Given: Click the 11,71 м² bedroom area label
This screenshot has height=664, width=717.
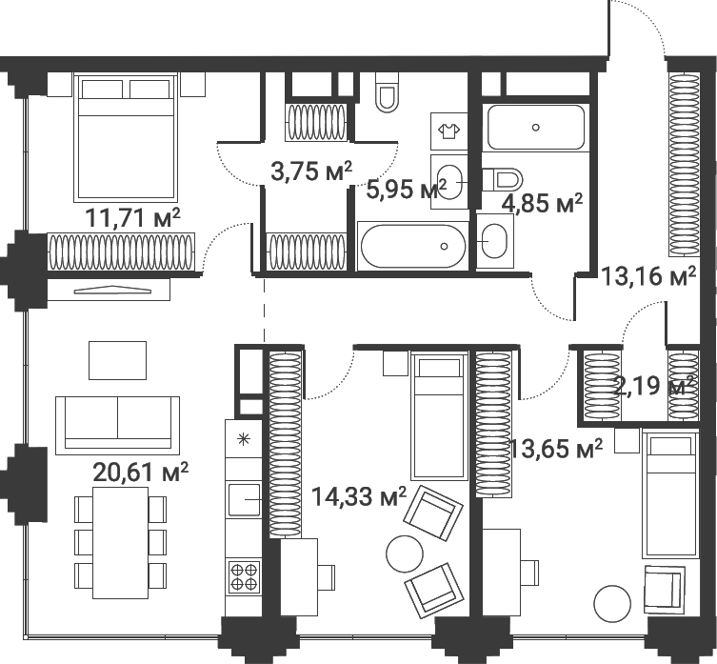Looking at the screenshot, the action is (133, 218).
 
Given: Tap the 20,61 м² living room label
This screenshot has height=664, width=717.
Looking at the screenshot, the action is (140, 472).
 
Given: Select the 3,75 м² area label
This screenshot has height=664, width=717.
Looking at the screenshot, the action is (311, 171).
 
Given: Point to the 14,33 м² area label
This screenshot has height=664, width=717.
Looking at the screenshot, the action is (358, 496).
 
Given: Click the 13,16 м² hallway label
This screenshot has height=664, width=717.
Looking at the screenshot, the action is (648, 276).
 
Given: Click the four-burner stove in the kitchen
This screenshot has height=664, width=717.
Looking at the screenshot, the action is (244, 576).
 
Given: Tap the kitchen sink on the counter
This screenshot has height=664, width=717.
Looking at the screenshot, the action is (245, 500).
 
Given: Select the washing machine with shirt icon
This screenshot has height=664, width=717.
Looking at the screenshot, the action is (449, 131).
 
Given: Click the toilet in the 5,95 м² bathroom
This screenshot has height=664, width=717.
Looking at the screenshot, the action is (386, 92).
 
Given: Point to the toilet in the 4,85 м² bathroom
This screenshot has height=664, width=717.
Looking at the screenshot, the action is (503, 179).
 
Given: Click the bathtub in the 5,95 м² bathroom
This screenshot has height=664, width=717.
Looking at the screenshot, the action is (413, 246).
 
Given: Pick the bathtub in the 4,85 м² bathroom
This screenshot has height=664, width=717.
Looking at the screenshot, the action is (536, 128).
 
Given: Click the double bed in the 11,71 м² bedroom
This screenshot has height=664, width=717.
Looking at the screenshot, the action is (126, 137).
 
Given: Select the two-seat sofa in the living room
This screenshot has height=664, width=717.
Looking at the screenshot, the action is (117, 426).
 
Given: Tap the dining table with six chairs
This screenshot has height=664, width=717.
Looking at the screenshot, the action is (120, 543).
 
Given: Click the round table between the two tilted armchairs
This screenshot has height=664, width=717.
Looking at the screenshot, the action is (405, 553).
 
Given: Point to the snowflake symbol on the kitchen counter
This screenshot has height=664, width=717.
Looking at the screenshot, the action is (244, 440).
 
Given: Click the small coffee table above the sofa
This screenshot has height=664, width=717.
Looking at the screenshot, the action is (117, 361).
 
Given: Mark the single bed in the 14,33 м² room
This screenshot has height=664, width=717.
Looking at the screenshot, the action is (439, 416).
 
